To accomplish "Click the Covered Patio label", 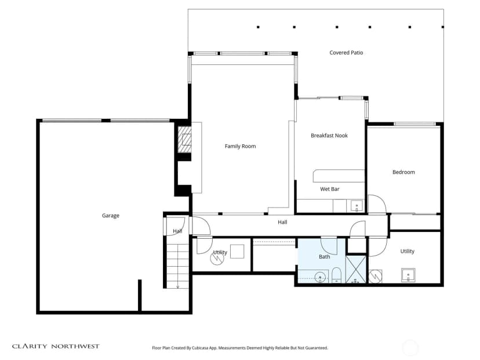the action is pyautogui.click(x=346, y=53).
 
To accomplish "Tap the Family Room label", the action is pyautogui.click(x=241, y=146).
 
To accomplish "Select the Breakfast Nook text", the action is pyautogui.click(x=329, y=136).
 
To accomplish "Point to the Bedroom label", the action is pyautogui.click(x=403, y=172).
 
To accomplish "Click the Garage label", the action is pyautogui.click(x=111, y=216).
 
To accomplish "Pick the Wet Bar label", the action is pyautogui.click(x=330, y=189).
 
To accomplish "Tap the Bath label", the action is pyautogui.click(x=325, y=257).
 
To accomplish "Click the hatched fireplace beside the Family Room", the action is pyautogui.click(x=185, y=140).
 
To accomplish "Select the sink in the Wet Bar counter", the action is pyautogui.click(x=357, y=206).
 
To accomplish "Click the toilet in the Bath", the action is pyautogui.click(x=336, y=275).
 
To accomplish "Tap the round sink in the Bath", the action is pyautogui.click(x=320, y=277).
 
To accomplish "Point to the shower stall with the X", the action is pyautogui.click(x=356, y=270).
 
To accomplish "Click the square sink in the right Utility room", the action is pyautogui.click(x=408, y=275).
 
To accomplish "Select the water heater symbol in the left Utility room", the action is pyautogui.click(x=217, y=259).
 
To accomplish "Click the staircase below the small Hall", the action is pyautogui.click(x=177, y=263).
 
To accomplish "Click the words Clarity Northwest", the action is pyautogui.click(x=56, y=346).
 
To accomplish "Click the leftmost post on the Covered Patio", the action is pyautogui.click(x=258, y=27).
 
